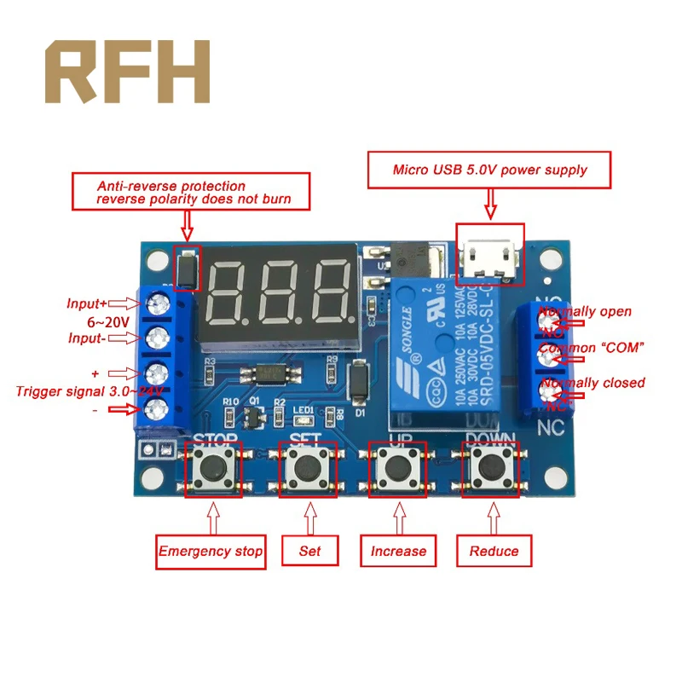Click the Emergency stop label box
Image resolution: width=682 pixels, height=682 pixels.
click(x=211, y=552)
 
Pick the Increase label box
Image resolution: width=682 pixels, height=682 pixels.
click(x=398, y=552)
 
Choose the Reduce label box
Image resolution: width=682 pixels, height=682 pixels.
click(x=494, y=552)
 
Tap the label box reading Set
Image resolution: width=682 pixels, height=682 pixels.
click(x=309, y=552)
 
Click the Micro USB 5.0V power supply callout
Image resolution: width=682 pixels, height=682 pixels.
click(x=489, y=170)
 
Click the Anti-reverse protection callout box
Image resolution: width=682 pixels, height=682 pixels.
click(x=193, y=192)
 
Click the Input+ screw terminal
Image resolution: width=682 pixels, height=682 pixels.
click(x=157, y=303)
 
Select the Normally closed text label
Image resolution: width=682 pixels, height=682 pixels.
click(x=592, y=383)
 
